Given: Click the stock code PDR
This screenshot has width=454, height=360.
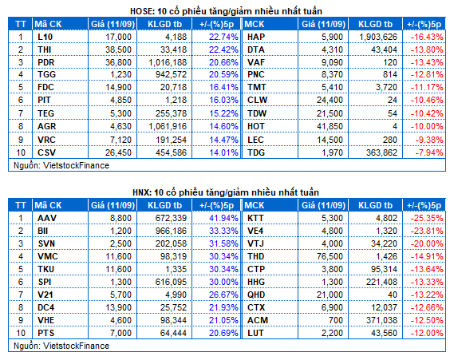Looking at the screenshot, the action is pos(45,62).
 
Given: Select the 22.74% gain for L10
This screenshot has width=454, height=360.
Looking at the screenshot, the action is pos(223,37).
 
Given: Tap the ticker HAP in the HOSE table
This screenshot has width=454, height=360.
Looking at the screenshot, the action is pos(256,37).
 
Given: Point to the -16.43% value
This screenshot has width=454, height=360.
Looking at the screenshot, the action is pos(427,37).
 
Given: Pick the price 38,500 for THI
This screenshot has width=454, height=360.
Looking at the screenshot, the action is pos(118,49).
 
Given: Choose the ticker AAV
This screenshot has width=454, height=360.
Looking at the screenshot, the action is pos(47,218).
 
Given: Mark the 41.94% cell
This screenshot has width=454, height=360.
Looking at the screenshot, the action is pos(223,218).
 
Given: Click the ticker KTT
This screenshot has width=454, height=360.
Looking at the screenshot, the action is pos(255,218).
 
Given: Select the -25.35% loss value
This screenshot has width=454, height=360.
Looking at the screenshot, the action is pos(427,218).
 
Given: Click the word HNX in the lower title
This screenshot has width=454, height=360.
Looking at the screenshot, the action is pos(141,192).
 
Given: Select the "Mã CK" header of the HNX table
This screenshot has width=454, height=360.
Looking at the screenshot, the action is pos(48,205).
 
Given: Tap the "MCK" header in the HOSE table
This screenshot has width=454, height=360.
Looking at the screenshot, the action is pos(255,24).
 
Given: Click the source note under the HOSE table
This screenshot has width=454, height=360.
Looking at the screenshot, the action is pos(61,165).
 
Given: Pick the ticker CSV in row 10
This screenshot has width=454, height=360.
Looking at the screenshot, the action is pos(46,152).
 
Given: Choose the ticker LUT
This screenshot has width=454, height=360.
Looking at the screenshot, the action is pos(255,333).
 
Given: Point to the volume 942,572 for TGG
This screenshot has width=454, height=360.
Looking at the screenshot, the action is pos(171,74).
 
